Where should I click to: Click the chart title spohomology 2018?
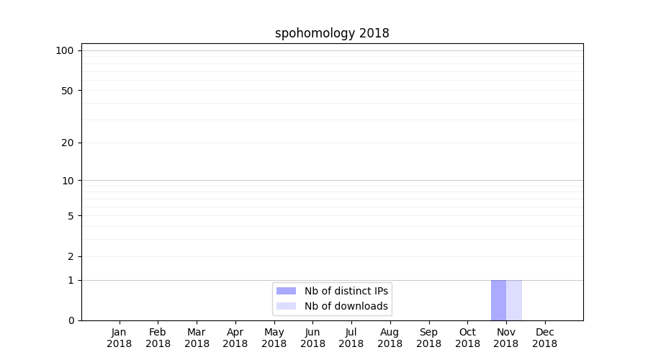tap(332, 33)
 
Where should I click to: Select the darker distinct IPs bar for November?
tap(498, 300)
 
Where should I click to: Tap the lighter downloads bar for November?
tap(514, 300)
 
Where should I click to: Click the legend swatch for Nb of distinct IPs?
tap(286, 291)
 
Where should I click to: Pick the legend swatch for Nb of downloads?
tap(286, 306)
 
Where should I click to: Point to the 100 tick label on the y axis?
tap(65, 50)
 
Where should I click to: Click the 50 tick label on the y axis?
tap(68, 91)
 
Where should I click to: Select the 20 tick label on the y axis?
tap(68, 143)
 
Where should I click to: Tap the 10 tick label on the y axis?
tap(68, 181)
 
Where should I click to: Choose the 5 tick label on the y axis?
tap(71, 216)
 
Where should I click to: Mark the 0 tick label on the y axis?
tap(71, 320)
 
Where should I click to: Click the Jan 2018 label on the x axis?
tap(119, 338)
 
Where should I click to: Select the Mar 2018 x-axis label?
tap(197, 338)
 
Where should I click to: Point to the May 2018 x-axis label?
tap(274, 338)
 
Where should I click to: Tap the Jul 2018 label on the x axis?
tap(351, 338)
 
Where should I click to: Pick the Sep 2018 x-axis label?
tap(428, 338)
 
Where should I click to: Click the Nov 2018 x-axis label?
tap(506, 338)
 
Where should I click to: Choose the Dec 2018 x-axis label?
tap(545, 338)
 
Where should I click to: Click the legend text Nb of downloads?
tap(346, 306)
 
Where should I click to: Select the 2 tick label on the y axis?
tap(71, 256)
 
